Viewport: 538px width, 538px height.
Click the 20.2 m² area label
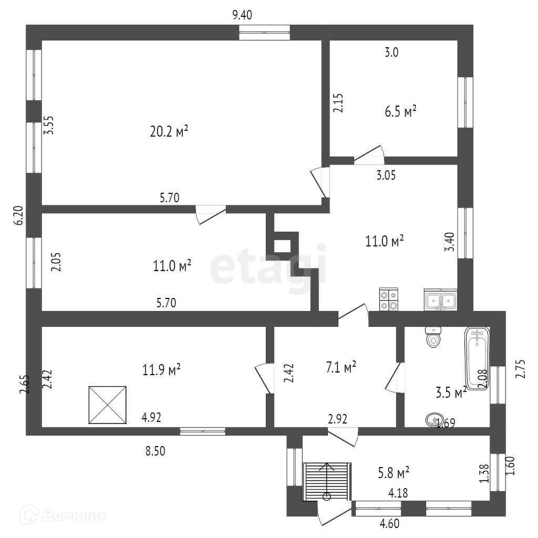(169, 131)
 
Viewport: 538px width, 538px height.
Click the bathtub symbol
(477, 357)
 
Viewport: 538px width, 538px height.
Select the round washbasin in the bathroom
(432, 420)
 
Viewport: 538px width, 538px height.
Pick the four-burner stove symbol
(389, 301)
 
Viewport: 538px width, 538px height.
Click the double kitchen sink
(440, 300)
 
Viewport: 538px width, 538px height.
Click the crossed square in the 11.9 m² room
(108, 405)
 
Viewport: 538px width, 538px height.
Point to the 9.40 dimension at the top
(242, 15)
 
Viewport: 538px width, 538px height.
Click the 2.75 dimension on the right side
(520, 369)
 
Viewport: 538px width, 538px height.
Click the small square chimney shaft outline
(283, 245)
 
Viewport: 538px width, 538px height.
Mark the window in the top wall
(264, 32)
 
